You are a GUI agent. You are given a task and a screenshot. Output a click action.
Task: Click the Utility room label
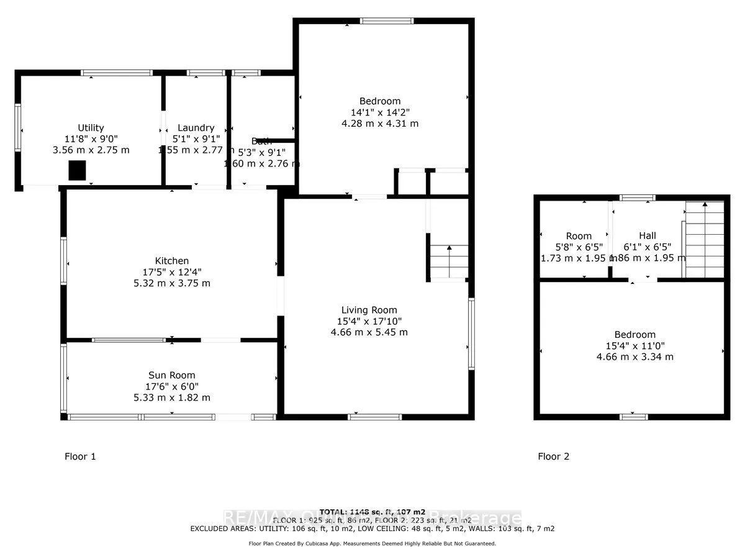pyautogui.click(x=91, y=128)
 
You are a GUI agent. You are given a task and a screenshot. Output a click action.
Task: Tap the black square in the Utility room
pyautogui.click(x=77, y=170)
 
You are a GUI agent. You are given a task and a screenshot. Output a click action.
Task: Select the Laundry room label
pyautogui.click(x=196, y=128)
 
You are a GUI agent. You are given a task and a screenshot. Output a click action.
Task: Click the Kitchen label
pyautogui.click(x=172, y=261)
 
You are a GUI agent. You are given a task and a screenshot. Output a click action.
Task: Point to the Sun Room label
pyautogui.click(x=171, y=375)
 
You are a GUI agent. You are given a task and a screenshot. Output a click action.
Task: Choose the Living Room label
pyautogui.click(x=369, y=310)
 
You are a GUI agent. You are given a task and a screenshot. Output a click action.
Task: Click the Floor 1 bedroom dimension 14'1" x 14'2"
pyautogui.click(x=380, y=112)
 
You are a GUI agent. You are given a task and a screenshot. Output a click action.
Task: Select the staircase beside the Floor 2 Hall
pyautogui.click(x=705, y=239)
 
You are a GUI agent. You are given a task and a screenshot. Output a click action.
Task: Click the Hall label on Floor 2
pyautogui.click(x=648, y=236)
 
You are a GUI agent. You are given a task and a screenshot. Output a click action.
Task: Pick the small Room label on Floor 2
pyautogui.click(x=579, y=236)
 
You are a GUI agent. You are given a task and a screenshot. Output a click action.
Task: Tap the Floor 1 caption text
pyautogui.click(x=80, y=457)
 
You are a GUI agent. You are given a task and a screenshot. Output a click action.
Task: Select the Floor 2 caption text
pyautogui.click(x=553, y=457)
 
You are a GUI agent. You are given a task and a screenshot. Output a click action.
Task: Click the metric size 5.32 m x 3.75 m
pyautogui.click(x=172, y=283)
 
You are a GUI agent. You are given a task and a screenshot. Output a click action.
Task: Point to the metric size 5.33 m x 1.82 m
pyautogui.click(x=171, y=398)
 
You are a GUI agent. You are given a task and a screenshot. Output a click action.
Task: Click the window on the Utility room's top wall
pyautogui.click(x=117, y=73)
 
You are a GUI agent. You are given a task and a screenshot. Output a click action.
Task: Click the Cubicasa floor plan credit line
pyautogui.click(x=372, y=543)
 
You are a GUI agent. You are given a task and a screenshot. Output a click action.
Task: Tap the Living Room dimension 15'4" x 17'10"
pyautogui.click(x=369, y=321)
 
